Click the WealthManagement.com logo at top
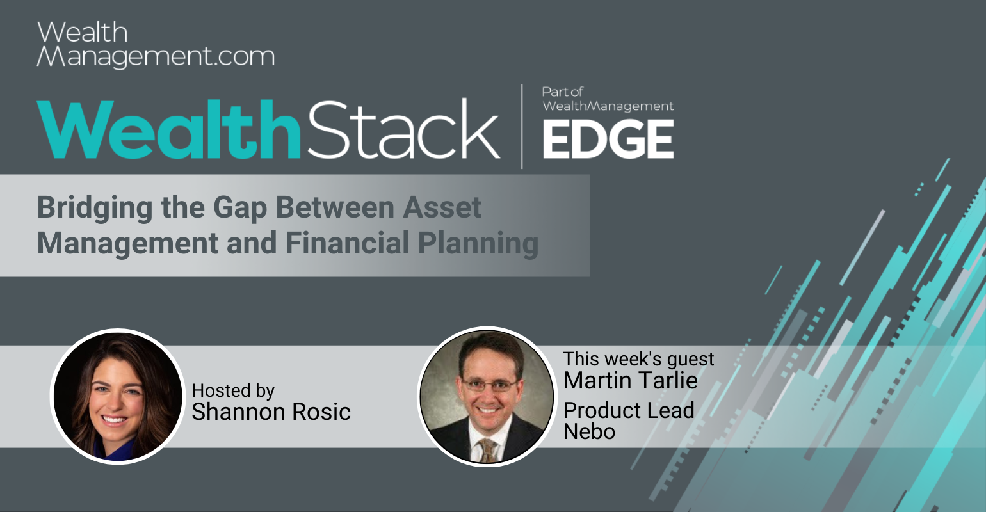point(156,44)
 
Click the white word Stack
point(403,129)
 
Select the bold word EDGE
point(608,140)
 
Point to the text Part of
point(563,92)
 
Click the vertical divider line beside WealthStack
point(522,126)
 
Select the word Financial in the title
point(348,243)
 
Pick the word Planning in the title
point(478,244)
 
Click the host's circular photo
point(118,396)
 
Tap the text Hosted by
point(233,390)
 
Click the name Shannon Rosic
point(271,412)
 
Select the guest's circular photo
point(487,397)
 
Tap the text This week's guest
point(638,360)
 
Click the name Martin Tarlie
point(630,381)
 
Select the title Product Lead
point(629,410)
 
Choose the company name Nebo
point(590,431)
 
